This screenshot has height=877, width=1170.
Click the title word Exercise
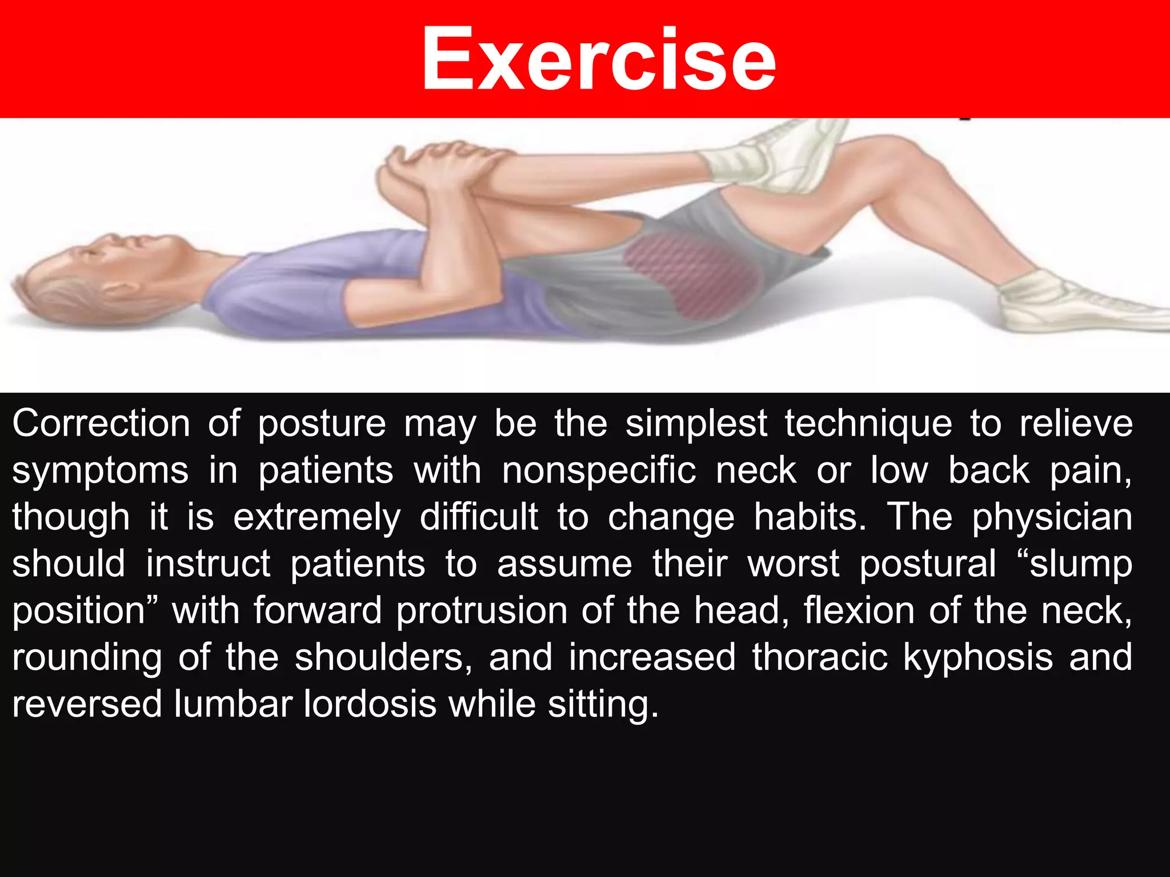(598, 59)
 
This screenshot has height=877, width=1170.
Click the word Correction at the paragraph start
(101, 424)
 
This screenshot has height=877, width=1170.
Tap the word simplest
(696, 424)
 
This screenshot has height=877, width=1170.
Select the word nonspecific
(599, 471)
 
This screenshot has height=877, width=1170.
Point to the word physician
(1052, 518)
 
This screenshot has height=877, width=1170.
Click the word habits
(810, 517)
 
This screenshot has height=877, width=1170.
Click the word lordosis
(370, 704)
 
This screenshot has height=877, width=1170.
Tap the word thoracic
(820, 657)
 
